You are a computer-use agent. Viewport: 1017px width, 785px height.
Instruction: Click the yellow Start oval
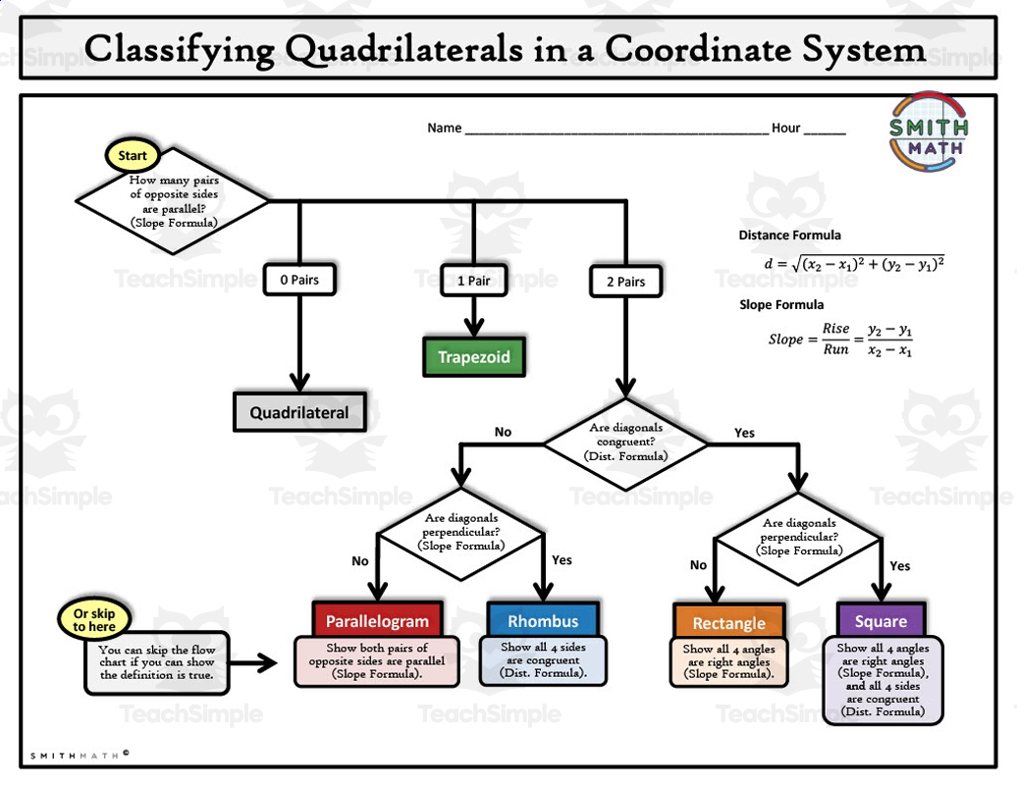[x=132, y=155]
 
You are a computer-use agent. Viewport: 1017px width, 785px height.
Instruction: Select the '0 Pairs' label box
[x=298, y=280]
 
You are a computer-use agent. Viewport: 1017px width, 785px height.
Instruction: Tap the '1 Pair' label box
[x=473, y=281]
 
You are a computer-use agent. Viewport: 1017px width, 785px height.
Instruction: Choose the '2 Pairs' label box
[x=625, y=282]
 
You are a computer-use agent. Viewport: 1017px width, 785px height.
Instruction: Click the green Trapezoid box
[x=473, y=356]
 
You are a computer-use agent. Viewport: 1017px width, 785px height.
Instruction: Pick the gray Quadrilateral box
[x=298, y=412]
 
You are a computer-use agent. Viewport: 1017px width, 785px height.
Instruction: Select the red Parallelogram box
[x=377, y=620]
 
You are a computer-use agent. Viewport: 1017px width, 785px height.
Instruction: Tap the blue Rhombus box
[x=543, y=620]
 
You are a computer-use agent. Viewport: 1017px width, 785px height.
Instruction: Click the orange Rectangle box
[x=728, y=622]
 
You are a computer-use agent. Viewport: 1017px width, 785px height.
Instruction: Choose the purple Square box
[x=881, y=621]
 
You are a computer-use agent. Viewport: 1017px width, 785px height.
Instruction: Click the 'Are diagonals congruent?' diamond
[x=625, y=443]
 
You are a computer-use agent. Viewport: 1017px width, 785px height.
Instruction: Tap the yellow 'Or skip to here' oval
[x=94, y=620]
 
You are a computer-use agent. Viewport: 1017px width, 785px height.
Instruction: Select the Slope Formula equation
[x=840, y=340]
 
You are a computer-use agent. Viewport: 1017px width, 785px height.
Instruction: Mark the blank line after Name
[x=616, y=129]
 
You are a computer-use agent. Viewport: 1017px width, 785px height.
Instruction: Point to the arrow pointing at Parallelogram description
[x=257, y=662]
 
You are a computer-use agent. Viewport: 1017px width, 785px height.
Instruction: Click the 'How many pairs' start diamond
[x=173, y=201]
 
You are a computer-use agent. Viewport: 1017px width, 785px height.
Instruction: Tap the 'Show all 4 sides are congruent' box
[x=543, y=660]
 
